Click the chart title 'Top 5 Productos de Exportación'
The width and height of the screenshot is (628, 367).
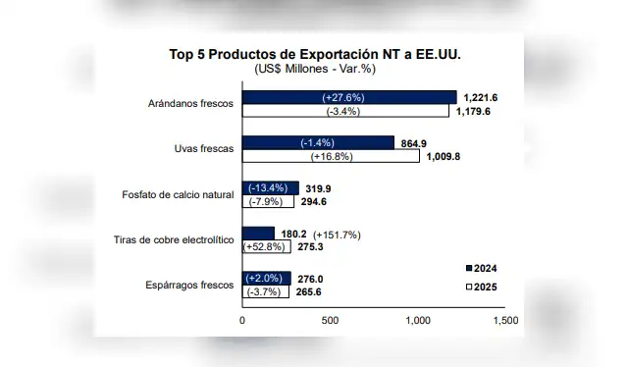coord(313,53)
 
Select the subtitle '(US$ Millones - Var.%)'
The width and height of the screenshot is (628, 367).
coord(313,69)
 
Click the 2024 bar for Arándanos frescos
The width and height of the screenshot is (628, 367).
coord(349,97)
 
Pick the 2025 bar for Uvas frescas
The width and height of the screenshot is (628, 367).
coord(331,155)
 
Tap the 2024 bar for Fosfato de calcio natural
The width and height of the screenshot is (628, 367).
coord(271,187)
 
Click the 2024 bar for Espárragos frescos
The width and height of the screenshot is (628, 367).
coord(266,278)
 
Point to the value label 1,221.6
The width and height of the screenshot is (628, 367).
coord(482,97)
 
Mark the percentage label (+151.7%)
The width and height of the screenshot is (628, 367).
coord(337,235)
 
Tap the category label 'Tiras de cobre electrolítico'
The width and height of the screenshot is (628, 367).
coord(174,239)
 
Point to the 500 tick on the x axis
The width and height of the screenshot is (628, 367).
coord(330,320)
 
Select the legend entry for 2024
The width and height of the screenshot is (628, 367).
coord(481,268)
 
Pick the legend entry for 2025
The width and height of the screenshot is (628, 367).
coord(481,287)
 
